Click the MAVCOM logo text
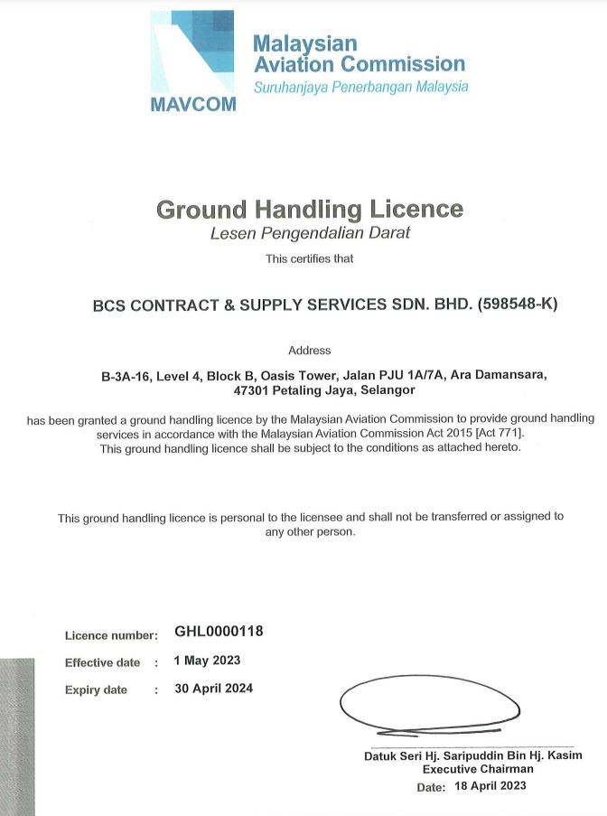(x=193, y=103)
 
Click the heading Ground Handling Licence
(x=310, y=210)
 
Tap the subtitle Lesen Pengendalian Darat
(x=310, y=234)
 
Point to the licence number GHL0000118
(x=219, y=632)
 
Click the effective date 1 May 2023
(x=207, y=661)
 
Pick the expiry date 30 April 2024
(x=213, y=689)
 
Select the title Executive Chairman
(x=478, y=769)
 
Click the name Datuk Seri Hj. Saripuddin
(x=437, y=755)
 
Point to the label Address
(x=310, y=351)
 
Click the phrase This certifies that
(x=310, y=259)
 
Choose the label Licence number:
(x=111, y=635)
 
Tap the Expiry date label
(x=96, y=690)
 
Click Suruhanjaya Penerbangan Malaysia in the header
(x=360, y=88)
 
